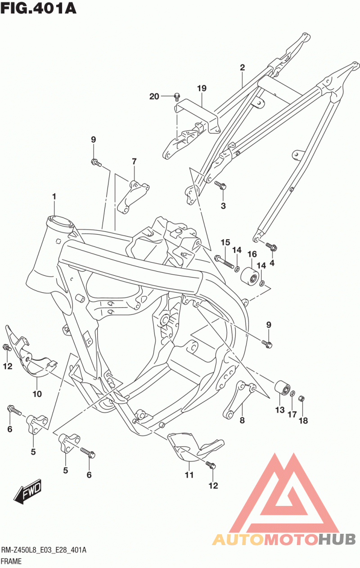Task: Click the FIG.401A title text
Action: tap(39, 8)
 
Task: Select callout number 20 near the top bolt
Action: tap(154, 97)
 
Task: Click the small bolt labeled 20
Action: tap(177, 96)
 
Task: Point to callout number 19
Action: tap(202, 89)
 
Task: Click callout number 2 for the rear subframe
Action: tap(242, 68)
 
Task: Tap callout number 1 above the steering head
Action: tap(54, 197)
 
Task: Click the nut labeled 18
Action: tap(301, 399)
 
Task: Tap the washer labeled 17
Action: tap(292, 394)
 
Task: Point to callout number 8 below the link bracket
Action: tap(242, 420)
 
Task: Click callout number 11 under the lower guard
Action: tap(189, 475)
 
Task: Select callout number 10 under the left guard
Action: tap(37, 394)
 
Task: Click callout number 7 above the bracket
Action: tap(134, 161)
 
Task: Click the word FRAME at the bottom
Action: tap(11, 561)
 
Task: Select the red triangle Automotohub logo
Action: tap(284, 506)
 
